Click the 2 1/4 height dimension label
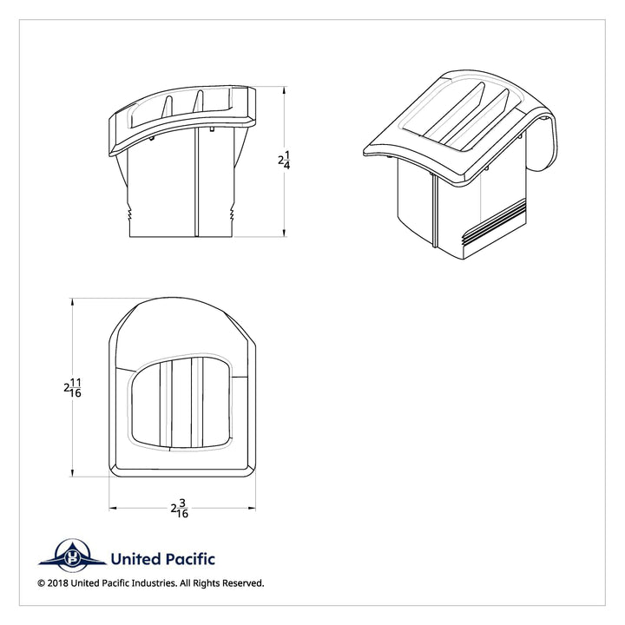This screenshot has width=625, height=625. [284, 161]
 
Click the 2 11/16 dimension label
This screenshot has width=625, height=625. [73, 388]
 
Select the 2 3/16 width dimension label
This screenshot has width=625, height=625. [180, 508]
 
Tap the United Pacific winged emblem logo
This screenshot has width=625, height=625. [73, 555]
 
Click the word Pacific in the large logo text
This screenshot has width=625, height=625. [189, 559]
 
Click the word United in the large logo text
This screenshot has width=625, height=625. [135, 559]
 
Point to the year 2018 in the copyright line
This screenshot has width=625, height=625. [58, 583]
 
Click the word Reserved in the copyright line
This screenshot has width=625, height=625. [243, 583]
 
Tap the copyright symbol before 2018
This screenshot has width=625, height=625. [42, 583]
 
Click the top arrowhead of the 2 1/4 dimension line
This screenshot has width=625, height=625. [284, 90]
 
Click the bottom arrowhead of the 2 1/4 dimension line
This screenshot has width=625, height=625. [284, 234]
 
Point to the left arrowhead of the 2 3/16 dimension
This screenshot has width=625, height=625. [113, 508]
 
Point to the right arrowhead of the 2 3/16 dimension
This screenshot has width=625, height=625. [252, 508]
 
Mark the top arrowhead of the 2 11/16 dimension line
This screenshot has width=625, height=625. [72, 302]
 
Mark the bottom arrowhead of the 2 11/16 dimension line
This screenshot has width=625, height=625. [72, 473]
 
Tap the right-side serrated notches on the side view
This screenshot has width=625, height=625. [232, 214]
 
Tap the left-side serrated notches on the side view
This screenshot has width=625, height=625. [129, 214]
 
